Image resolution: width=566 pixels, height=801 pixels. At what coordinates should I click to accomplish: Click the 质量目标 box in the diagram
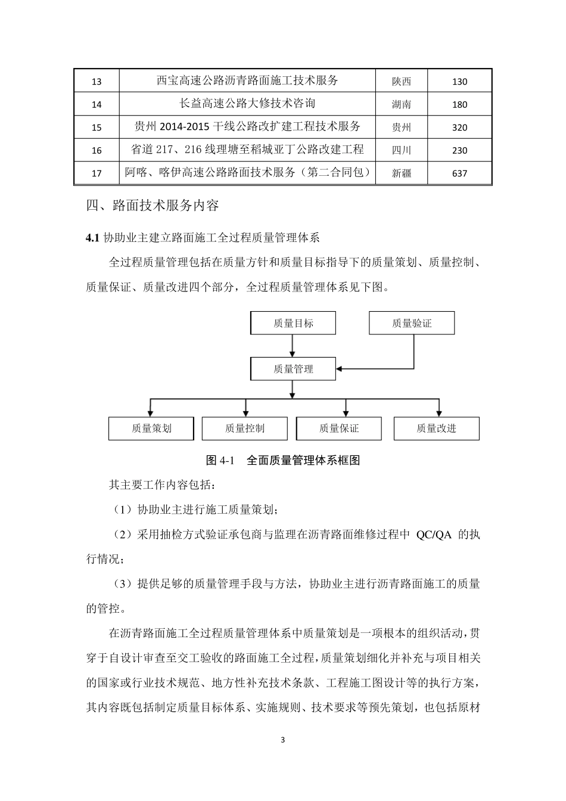(x=293, y=323)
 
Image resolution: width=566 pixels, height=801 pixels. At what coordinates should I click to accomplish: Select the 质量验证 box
(x=412, y=323)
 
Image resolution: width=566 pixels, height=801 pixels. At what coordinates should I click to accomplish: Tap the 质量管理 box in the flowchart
(x=293, y=369)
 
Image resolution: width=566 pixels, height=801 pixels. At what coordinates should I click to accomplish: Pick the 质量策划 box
(x=151, y=429)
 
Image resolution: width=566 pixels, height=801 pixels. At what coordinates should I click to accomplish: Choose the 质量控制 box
(x=244, y=429)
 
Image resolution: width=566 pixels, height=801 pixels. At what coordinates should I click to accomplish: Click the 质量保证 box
(x=338, y=429)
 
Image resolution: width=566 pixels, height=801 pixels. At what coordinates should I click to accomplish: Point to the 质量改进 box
(x=436, y=429)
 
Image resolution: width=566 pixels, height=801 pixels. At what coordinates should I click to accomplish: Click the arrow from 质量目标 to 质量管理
(x=293, y=346)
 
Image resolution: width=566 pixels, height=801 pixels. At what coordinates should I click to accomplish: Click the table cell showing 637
(x=459, y=173)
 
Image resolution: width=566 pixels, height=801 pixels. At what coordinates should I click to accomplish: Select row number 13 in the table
(x=97, y=82)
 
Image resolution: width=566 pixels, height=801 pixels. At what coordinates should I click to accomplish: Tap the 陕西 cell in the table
(x=402, y=82)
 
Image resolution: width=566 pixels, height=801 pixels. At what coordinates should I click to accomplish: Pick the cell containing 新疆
(x=402, y=173)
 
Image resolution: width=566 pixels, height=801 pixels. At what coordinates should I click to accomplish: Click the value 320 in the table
(x=459, y=128)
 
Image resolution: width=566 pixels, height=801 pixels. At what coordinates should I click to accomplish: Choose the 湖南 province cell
(x=402, y=104)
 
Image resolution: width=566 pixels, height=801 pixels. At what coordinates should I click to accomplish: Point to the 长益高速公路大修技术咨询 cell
(x=247, y=104)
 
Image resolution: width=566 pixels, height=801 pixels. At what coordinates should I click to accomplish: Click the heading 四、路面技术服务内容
(x=153, y=206)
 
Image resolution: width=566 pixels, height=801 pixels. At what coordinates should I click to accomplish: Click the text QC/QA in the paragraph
(x=434, y=535)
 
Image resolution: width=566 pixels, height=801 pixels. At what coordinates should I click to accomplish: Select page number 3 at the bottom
(x=283, y=740)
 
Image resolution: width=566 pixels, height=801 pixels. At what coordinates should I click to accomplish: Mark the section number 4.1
(x=92, y=238)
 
